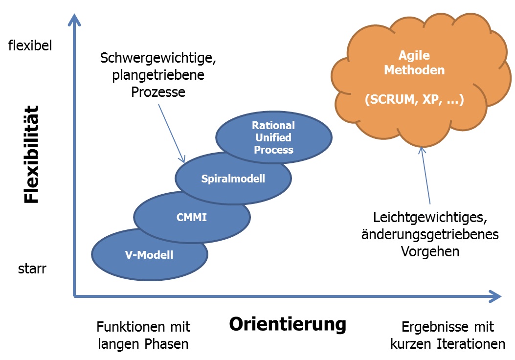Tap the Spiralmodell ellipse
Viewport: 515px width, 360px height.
[233, 179]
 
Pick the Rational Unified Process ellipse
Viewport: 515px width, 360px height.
[273, 138]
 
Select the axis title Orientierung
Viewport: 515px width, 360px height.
[288, 324]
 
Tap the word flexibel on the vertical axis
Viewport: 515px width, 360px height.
[30, 46]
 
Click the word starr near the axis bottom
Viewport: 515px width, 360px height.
[32, 269]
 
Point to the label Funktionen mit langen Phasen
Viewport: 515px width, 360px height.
[143, 335]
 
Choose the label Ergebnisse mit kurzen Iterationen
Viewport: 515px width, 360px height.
[448, 335]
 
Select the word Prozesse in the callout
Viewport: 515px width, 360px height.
[158, 92]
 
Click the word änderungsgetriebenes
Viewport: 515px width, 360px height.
[430, 234]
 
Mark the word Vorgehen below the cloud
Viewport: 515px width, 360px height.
[430, 251]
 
